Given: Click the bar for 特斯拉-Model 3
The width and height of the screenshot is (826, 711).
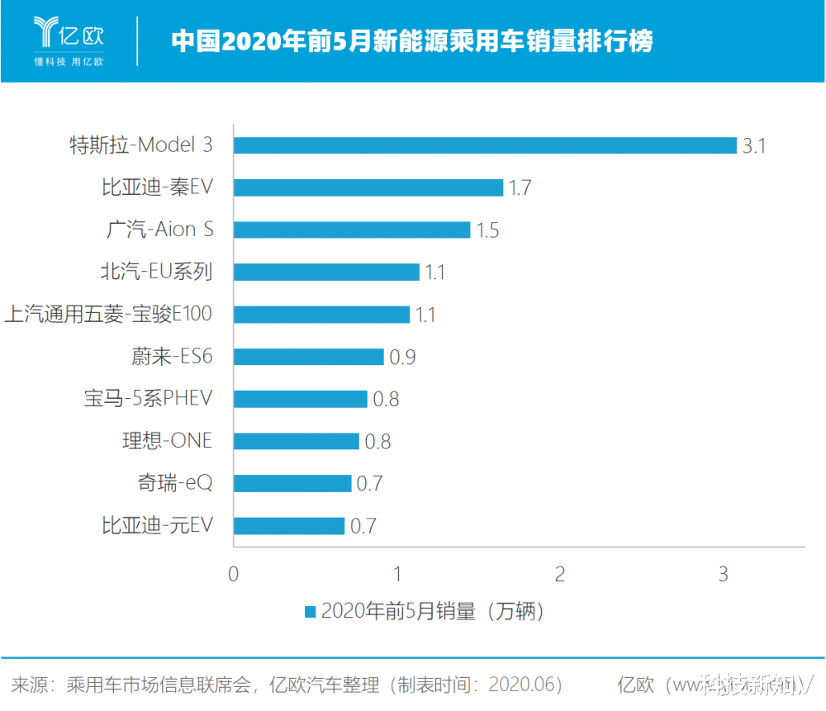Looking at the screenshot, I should pos(485,145).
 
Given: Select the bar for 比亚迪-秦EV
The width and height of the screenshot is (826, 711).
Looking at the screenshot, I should pos(368,187).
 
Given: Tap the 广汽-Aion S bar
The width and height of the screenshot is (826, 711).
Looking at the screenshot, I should pos(352,230).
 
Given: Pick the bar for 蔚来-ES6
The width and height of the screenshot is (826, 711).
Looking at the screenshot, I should pos(309,357).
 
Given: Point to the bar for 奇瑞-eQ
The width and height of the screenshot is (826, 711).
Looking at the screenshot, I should pos(292,483).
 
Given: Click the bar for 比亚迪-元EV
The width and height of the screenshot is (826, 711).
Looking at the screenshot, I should pos(289,525).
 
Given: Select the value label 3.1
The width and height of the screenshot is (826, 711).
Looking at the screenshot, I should pos(754,146).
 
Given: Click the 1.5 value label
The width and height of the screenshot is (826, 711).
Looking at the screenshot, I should pos(487,230).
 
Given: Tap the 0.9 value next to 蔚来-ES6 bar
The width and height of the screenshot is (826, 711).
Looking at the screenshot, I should pos(402,358).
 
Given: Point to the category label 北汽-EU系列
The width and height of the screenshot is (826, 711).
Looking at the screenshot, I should pos(154,272).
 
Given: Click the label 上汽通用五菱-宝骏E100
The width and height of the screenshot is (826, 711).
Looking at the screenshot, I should pos(108,314).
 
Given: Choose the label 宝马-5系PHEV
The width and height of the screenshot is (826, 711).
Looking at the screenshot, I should pos(148,399).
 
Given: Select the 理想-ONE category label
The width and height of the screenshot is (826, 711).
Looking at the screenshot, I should pos(167,441).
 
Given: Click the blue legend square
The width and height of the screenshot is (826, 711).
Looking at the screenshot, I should pos(311,612).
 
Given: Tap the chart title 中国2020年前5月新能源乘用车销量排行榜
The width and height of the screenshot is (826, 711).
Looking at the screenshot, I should pos(412,40).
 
